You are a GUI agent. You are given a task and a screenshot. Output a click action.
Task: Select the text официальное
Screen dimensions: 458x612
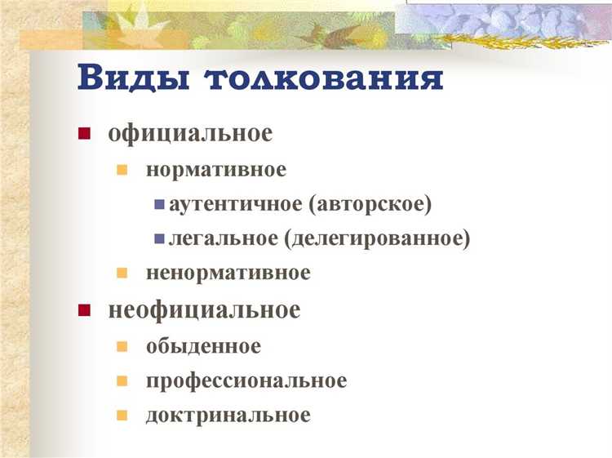click(190, 134)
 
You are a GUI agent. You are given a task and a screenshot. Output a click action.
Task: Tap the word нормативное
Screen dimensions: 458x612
click(216, 170)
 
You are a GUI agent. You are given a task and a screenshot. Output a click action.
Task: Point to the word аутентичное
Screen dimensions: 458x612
click(236, 204)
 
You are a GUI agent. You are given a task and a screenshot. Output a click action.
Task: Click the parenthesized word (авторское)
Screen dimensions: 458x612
click(370, 204)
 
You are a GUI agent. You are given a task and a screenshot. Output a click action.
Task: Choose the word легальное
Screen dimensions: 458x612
click(223, 238)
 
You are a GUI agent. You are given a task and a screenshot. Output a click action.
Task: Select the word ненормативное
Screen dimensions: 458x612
click(228, 273)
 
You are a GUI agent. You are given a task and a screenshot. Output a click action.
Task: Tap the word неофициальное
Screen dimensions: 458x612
click(204, 310)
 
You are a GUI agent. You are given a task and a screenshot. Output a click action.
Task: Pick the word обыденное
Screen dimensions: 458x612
click(203, 346)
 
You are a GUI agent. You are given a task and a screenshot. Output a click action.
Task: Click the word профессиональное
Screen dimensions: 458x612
click(246, 380)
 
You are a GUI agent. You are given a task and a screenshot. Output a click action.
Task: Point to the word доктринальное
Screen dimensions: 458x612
click(228, 415)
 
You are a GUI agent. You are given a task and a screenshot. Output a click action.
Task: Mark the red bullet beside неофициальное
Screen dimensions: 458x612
click(83, 311)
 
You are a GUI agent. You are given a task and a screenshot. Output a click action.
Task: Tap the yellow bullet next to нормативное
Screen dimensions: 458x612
click(122, 171)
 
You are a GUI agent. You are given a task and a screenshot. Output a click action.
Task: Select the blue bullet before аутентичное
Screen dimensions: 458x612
click(158, 205)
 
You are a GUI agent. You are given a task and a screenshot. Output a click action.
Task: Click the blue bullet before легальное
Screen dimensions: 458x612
click(158, 239)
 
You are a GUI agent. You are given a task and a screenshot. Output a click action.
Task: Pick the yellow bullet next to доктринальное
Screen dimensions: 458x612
click(122, 416)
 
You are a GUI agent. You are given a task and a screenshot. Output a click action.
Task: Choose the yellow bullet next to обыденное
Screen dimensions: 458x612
click(122, 347)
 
